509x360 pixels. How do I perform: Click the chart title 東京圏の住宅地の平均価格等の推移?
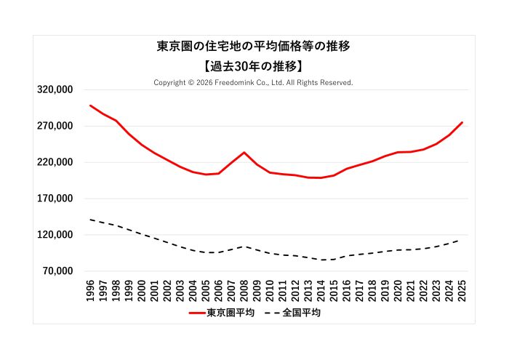click(254, 47)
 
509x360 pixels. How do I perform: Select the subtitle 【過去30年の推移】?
click(254, 65)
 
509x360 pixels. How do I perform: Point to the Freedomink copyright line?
click(253, 83)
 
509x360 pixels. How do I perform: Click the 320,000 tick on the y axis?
click(55, 89)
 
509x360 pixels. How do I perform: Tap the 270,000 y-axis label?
click(55, 126)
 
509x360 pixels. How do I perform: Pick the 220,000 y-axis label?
click(55, 162)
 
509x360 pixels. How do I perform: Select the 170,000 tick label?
click(55, 199)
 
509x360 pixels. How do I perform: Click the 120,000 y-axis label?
click(55, 235)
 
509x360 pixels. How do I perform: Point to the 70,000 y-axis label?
click(57, 271)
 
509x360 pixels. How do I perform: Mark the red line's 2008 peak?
click(244, 152)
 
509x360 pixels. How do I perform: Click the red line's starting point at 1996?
click(90, 105)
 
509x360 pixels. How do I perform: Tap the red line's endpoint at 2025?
click(462, 122)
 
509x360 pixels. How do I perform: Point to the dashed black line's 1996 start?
click(90, 219)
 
